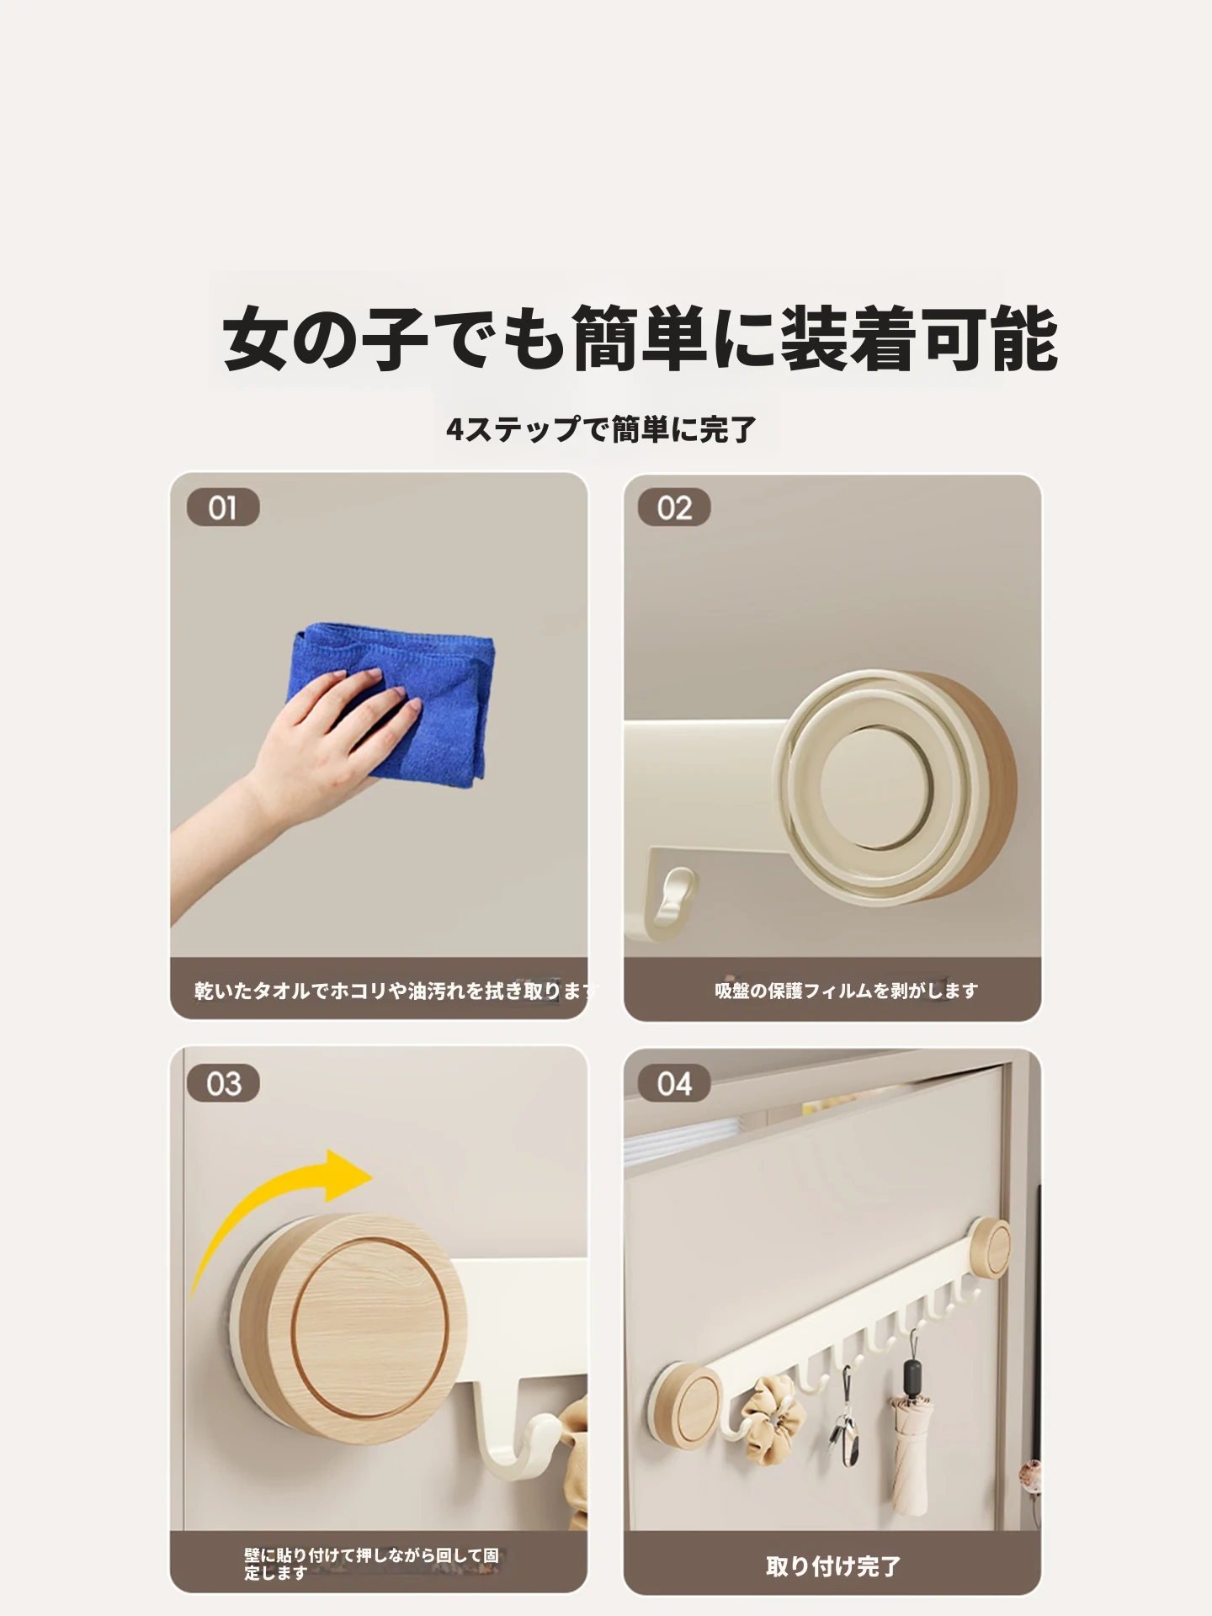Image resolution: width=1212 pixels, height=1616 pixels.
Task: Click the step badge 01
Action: pyautogui.click(x=223, y=508)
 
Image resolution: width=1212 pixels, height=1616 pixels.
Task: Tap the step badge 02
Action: pyautogui.click(x=674, y=508)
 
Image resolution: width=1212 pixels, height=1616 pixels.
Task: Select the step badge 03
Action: pyautogui.click(x=223, y=1083)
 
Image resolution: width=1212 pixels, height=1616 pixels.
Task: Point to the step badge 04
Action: pyautogui.click(x=674, y=1083)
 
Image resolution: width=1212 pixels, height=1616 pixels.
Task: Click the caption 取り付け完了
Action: pyautogui.click(x=833, y=1566)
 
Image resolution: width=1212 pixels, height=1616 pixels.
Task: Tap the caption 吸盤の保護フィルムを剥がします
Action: pyautogui.click(x=846, y=991)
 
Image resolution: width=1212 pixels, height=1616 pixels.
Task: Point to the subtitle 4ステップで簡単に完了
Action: pyautogui.click(x=601, y=429)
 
